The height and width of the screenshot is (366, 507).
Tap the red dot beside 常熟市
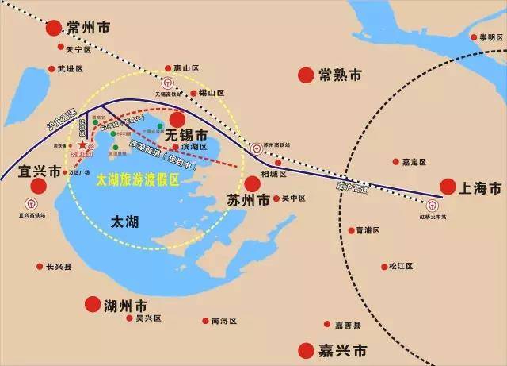(305, 75)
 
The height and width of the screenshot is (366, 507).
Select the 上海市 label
(482, 188)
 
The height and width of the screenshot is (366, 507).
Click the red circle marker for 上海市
(448, 187)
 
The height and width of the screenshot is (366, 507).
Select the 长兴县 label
(59, 267)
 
